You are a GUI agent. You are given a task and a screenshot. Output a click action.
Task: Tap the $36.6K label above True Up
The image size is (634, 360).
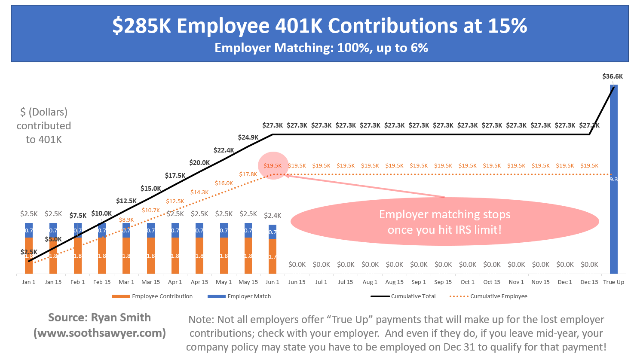[x=613, y=76]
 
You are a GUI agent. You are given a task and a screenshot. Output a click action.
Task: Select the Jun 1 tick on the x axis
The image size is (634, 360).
[x=273, y=282]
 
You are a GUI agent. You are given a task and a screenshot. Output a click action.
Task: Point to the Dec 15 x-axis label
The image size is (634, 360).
[x=589, y=282]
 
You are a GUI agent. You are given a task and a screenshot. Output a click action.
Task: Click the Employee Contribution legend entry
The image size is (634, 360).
[x=153, y=296]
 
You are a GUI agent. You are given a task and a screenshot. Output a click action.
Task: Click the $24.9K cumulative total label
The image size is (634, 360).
[x=248, y=137]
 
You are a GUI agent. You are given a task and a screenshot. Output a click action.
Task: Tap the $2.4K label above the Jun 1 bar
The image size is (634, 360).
[x=273, y=216]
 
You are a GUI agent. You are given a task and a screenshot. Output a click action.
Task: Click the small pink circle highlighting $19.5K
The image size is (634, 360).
[x=273, y=165]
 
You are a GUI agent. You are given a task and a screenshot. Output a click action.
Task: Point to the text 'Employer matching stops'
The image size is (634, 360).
[x=444, y=214]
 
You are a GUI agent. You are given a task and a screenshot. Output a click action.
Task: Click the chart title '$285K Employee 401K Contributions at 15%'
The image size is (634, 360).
[x=319, y=26]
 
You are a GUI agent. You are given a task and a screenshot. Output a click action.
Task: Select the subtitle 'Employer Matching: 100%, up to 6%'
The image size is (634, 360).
[x=321, y=48]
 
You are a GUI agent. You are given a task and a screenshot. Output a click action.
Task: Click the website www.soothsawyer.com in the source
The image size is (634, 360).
[x=100, y=333]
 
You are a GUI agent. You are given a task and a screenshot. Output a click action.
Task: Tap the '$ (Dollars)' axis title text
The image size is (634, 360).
[x=44, y=112]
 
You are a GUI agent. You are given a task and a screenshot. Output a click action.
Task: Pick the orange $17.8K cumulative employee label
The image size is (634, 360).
[x=248, y=174]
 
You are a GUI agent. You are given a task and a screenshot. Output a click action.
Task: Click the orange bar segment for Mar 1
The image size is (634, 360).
[x=126, y=256]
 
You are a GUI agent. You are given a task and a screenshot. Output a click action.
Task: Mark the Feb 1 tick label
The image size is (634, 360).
[x=77, y=282]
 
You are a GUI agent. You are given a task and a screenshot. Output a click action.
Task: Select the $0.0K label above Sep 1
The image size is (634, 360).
[x=419, y=265]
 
